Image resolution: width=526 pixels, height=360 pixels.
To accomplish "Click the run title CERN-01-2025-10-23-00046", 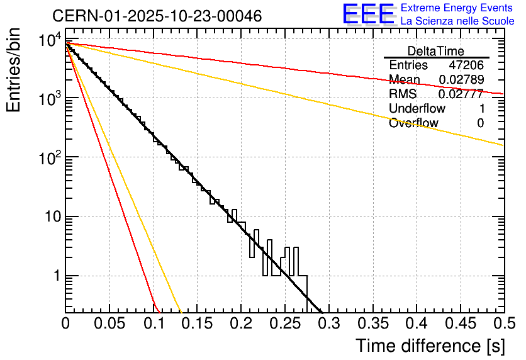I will (x=157, y=16).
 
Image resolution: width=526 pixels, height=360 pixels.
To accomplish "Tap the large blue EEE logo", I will (x=368, y=14).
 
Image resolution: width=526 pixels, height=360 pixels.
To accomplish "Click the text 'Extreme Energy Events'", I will (x=457, y=8).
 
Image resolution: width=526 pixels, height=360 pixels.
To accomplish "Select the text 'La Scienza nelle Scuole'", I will (x=457, y=21).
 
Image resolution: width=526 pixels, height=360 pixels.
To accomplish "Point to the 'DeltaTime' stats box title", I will (x=436, y=51).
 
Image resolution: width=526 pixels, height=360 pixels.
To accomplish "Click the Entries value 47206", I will (x=466, y=65).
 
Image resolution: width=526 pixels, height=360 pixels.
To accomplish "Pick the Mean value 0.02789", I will (x=461, y=79).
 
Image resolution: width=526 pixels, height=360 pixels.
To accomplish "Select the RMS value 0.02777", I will (x=461, y=94).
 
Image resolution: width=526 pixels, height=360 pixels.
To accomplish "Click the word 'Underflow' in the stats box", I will (x=415, y=109).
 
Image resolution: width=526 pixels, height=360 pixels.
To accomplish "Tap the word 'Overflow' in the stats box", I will (x=413, y=123).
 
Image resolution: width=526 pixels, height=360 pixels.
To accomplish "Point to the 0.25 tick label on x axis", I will (x=284, y=324).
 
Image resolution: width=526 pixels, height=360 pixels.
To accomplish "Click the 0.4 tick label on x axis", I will (x=416, y=324).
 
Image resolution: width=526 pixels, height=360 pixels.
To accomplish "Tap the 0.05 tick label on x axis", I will (x=109, y=324).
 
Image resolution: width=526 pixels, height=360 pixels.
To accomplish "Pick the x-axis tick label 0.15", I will (x=197, y=324).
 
